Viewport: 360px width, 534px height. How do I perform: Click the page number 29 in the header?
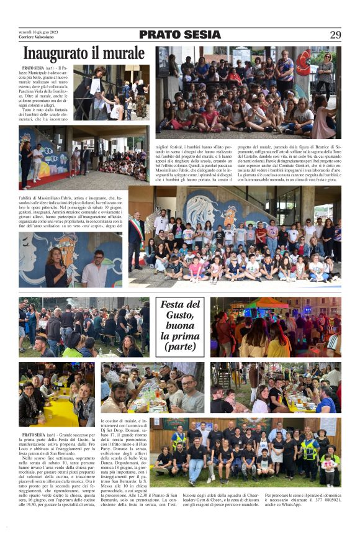click(x=335, y=35)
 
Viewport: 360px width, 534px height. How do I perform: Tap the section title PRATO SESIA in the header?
click(x=179, y=35)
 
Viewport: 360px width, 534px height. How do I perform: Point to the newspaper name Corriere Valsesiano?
click(x=36, y=38)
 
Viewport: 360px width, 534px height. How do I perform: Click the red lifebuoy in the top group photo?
click(x=304, y=62)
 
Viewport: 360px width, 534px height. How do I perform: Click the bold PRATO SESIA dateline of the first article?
click(x=35, y=67)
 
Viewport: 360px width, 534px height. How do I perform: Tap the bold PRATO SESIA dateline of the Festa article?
click(x=35, y=435)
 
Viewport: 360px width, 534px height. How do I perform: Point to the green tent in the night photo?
click(x=278, y=303)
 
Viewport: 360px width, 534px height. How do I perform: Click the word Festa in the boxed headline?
click(x=173, y=304)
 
